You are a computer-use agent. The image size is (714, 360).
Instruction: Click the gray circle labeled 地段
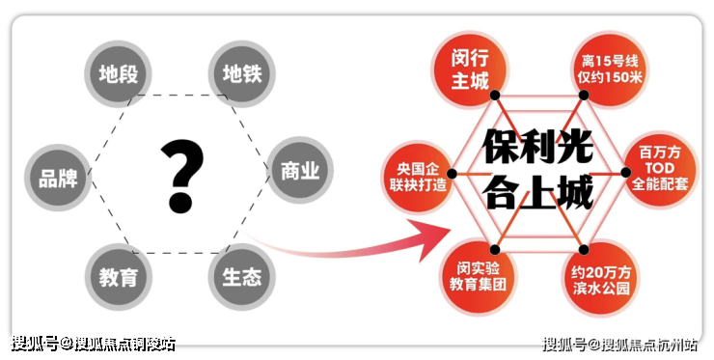[118, 73]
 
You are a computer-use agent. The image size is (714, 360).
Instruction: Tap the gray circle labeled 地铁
[242, 73]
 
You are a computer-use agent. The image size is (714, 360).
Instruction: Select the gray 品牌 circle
[58, 178]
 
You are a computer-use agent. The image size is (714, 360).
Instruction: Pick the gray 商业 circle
[300, 171]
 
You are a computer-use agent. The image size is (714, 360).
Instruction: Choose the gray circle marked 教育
[119, 277]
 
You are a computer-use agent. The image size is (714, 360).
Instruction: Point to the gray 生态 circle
[242, 277]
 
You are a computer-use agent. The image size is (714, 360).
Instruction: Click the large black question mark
[181, 177]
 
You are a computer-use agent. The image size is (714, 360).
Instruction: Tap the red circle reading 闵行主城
[470, 69]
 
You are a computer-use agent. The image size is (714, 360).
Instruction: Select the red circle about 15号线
[610, 69]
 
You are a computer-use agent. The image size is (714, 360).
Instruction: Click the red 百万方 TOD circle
[660, 169]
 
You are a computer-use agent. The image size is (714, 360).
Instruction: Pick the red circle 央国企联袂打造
[418, 177]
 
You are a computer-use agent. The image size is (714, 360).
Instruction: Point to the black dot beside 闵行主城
[495, 95]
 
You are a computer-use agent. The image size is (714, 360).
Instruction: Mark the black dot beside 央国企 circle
[452, 174]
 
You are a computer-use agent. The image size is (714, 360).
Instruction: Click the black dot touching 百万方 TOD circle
[625, 172]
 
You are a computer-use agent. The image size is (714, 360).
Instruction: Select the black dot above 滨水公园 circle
[584, 249]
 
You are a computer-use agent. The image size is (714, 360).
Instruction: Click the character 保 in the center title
[501, 147]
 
